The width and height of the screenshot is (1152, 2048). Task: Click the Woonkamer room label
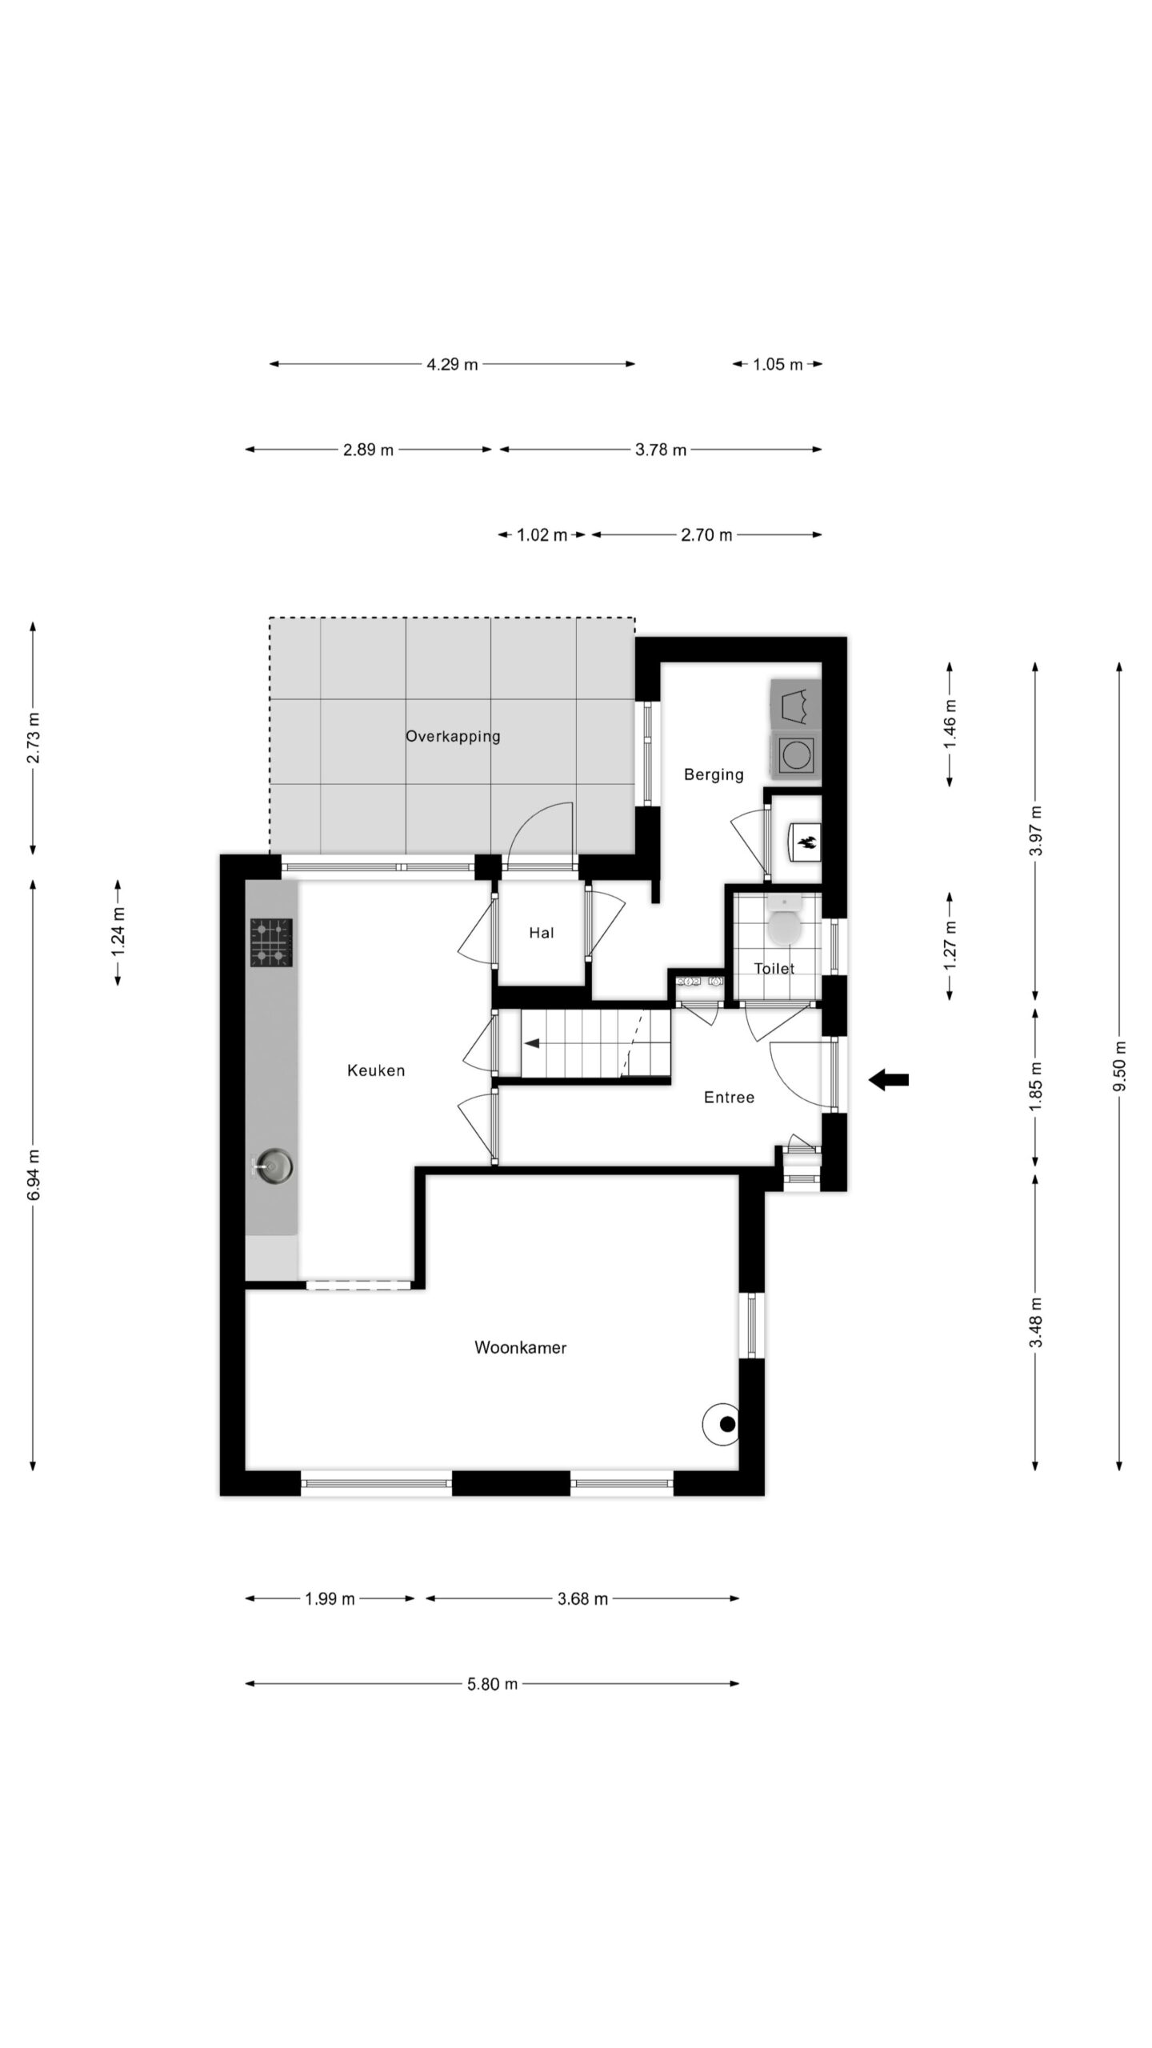click(x=520, y=1348)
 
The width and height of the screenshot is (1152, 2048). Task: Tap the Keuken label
click(x=376, y=1070)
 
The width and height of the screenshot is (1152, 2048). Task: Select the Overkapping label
click(x=453, y=737)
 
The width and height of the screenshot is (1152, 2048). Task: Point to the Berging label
click(x=714, y=774)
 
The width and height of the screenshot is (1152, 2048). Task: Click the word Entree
click(x=729, y=1098)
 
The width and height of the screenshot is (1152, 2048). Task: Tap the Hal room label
click(x=542, y=933)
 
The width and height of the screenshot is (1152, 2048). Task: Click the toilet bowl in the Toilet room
click(x=784, y=923)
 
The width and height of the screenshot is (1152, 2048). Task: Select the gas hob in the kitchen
click(x=271, y=942)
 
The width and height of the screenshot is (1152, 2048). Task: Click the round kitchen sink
click(x=274, y=1166)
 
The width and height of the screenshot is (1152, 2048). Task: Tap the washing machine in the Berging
click(x=796, y=754)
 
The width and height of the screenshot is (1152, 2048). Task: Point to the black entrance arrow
click(x=889, y=1079)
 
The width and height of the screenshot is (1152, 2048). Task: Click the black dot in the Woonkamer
click(x=727, y=1424)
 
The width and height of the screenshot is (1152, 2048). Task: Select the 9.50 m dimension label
click(x=1119, y=1066)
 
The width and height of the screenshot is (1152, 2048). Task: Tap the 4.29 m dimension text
click(x=452, y=364)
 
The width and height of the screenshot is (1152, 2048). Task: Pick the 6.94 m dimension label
click(x=33, y=1174)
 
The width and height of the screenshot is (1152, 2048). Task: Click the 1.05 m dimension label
click(x=778, y=365)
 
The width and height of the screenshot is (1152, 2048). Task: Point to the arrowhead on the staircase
click(x=532, y=1043)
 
